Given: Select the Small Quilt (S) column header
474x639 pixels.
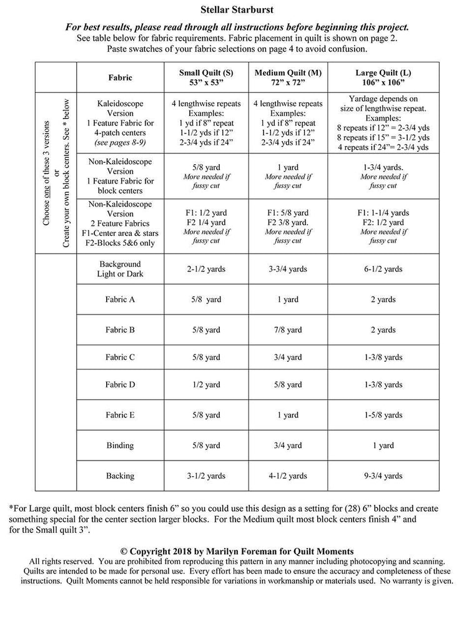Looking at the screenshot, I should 206,77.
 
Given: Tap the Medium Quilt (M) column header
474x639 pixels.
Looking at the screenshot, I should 288,77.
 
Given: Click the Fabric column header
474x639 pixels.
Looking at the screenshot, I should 120,78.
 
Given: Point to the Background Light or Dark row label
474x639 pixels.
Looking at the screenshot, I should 120,269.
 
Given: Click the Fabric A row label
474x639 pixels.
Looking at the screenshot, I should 120,300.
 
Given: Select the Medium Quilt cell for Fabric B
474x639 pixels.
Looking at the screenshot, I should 288,329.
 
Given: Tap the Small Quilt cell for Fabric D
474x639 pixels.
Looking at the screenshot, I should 206,385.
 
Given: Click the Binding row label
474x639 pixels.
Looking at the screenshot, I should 120,446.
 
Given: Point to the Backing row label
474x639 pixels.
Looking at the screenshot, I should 120,476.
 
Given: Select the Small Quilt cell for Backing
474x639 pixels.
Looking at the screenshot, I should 206,476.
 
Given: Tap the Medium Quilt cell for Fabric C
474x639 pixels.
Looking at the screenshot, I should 288,358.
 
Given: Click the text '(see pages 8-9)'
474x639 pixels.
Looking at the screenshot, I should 120,142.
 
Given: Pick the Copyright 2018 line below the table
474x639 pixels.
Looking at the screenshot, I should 237,551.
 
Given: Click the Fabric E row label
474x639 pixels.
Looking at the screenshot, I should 120,415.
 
